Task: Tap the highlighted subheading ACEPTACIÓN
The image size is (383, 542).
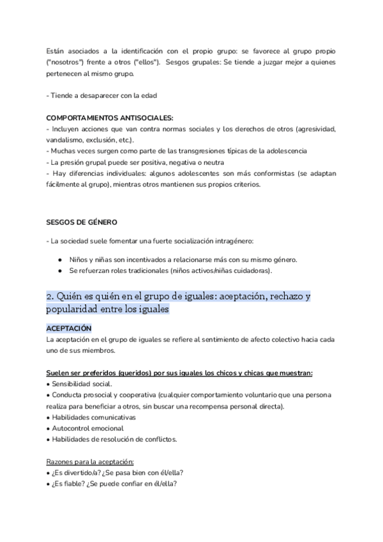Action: click(69, 328)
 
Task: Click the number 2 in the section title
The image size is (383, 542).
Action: click(50, 297)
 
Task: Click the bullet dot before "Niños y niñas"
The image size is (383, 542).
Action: click(59, 260)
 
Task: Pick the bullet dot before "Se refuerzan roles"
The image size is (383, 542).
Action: click(59, 271)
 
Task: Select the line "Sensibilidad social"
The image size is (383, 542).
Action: click(81, 383)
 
